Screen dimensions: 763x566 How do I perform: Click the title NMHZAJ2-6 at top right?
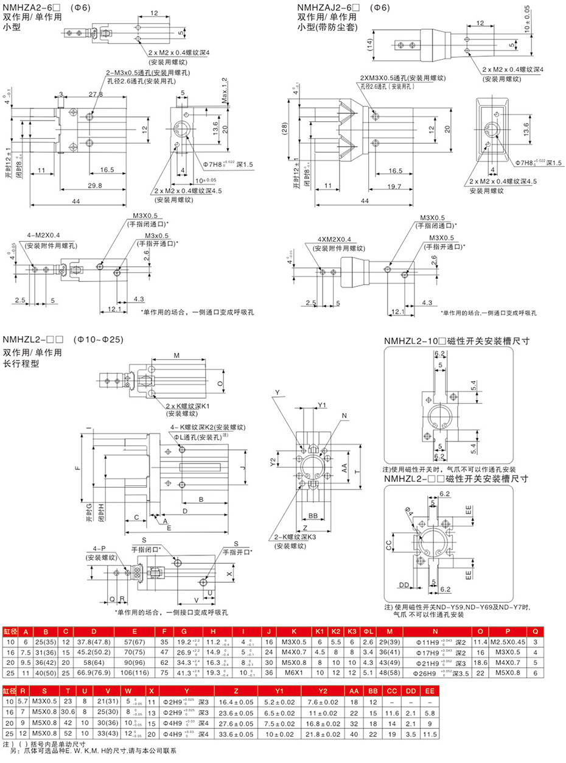point(329,7)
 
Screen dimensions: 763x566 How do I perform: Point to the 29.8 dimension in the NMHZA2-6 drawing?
point(94,186)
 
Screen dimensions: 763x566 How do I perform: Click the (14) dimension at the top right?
point(369,44)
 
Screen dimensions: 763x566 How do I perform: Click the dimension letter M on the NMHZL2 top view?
point(177,355)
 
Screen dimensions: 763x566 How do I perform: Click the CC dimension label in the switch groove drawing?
point(389,546)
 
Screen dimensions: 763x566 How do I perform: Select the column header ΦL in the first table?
point(368,630)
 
